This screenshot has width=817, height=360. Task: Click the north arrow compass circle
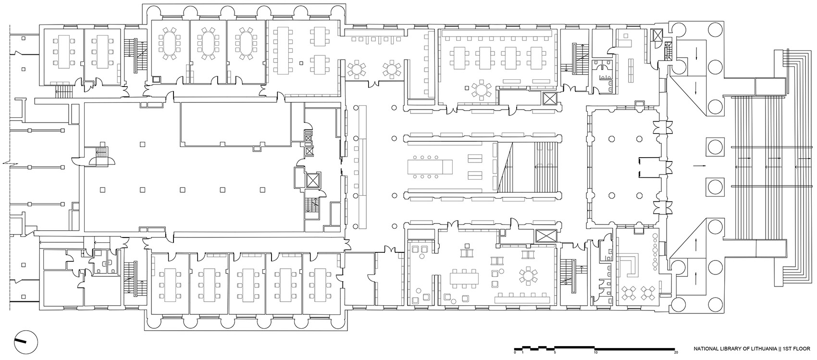[x=25, y=341]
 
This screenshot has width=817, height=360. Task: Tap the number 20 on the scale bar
[x=676, y=352]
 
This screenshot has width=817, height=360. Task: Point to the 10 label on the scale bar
[x=595, y=352]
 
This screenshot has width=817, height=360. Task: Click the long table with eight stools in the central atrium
[x=429, y=167]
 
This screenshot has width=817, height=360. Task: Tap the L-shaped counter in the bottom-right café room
[x=632, y=266]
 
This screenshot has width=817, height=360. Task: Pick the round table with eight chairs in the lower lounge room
[x=528, y=277]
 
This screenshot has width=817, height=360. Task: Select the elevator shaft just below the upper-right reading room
[x=548, y=99]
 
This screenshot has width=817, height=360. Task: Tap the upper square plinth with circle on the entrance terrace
[x=715, y=146]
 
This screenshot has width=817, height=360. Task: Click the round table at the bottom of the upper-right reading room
[x=481, y=90]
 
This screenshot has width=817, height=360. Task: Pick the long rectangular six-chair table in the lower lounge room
[x=465, y=278]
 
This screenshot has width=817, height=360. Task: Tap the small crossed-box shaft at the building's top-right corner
[x=657, y=35]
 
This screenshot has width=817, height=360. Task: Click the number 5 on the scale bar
[x=555, y=352]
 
